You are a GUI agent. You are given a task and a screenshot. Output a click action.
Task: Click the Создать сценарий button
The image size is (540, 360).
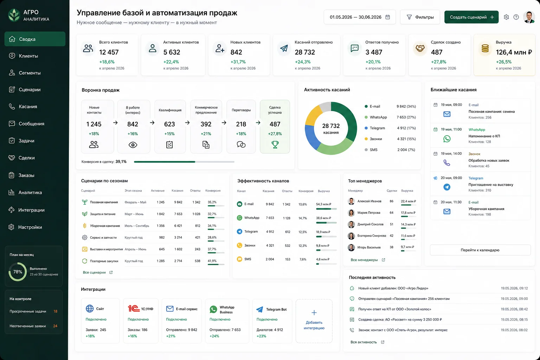coord(471,17)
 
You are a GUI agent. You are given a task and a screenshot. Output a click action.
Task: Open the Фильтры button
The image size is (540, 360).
coord(420,17)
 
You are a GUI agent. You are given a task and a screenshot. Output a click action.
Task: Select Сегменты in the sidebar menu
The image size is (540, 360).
coord(30,73)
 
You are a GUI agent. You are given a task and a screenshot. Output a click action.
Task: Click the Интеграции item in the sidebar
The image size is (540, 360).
coord(31,210)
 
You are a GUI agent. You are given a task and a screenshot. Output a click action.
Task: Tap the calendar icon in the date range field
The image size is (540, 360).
coord(388,17)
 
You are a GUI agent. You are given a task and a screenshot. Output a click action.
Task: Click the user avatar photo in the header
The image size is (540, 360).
coord(529,17)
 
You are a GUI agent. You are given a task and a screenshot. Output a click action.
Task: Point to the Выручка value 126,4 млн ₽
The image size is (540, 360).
coord(514,52)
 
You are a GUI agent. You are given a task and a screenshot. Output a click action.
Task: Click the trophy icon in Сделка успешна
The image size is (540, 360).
coord(275,144)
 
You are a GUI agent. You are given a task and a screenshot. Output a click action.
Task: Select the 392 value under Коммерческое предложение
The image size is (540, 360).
coord(206,124)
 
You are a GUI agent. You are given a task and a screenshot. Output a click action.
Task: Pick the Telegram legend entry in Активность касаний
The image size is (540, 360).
coord(377,128)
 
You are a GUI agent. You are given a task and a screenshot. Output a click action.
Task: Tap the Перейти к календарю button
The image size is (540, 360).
coord(480,250)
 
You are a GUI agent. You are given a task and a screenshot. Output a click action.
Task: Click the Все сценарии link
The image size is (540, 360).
coord(94,272)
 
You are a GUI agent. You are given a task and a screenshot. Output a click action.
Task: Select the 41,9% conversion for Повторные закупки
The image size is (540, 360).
coord(212,261)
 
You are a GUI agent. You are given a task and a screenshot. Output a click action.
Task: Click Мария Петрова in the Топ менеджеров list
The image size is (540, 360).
coord(369,213)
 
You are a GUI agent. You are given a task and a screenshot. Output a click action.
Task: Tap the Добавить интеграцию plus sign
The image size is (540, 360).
coord(314,313)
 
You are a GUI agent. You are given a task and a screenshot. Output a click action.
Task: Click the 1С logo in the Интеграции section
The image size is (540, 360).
coord(134,308)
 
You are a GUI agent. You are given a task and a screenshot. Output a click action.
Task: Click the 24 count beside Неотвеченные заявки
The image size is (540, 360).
coord(55,326)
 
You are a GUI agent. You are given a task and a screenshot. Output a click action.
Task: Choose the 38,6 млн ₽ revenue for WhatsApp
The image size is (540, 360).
coord(323,218)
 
